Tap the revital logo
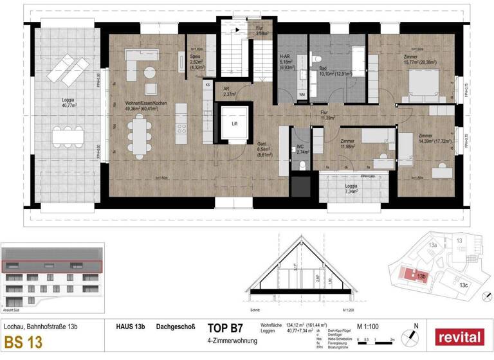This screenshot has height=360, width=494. tap(460, 337)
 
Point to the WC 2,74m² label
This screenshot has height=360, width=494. tap(302, 150)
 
